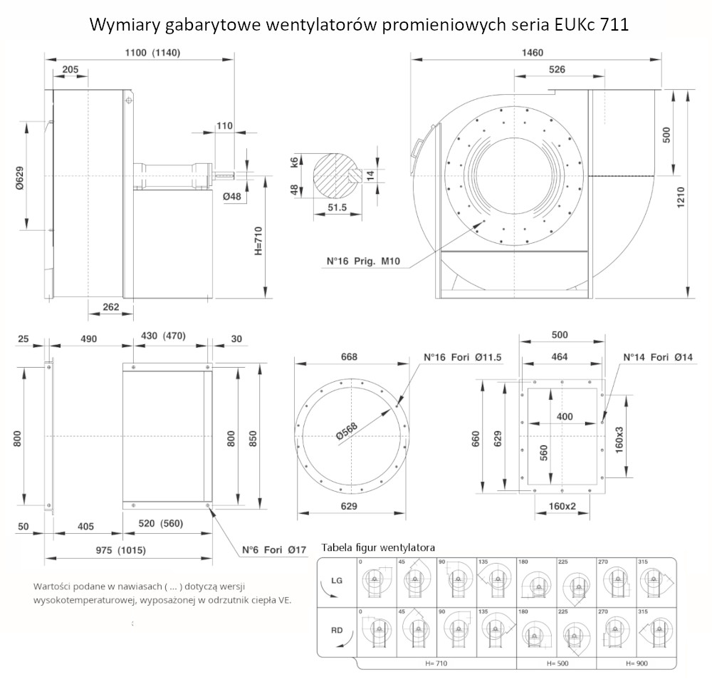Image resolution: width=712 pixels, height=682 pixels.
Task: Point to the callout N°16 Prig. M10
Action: [x=364, y=262]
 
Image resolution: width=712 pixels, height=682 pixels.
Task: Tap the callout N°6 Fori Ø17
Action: [x=274, y=549]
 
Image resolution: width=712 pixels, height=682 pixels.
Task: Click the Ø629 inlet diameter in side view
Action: [x=21, y=176]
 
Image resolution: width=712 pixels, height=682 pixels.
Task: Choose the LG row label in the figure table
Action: [x=337, y=581]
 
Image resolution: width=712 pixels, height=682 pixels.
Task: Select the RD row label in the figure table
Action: [x=337, y=630]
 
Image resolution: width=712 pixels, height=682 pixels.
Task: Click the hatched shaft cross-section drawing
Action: [x=333, y=174]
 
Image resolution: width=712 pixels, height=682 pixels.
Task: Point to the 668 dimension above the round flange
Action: [x=349, y=356]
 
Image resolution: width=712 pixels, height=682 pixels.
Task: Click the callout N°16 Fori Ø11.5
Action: [x=459, y=356]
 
